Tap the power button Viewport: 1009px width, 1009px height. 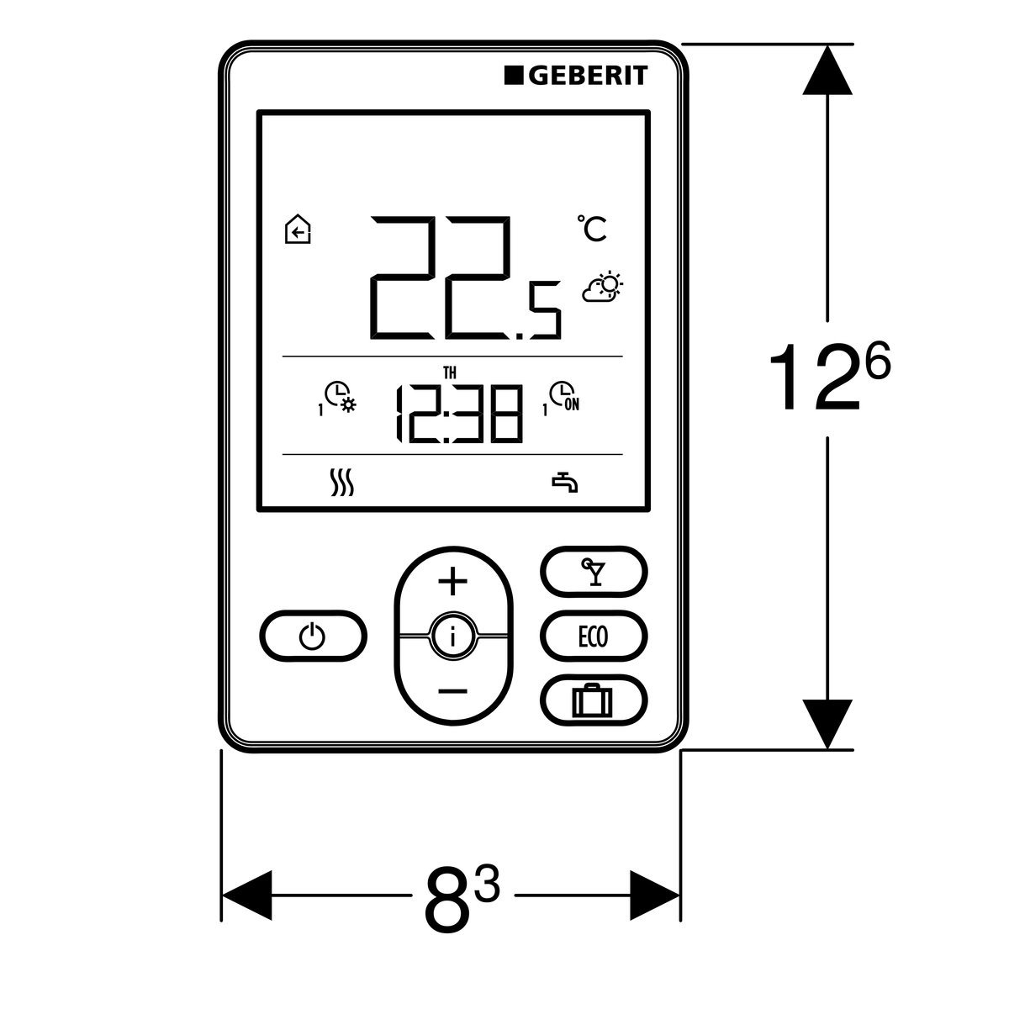pyautogui.click(x=313, y=637)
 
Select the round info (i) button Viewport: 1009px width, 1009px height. pyautogui.click(x=453, y=637)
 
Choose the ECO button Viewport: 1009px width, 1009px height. pyautogui.click(x=593, y=637)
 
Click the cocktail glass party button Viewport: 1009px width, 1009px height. pyautogui.click(x=593, y=573)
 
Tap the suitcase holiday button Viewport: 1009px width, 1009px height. pyautogui.click(x=593, y=700)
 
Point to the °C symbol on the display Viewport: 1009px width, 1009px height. pyautogui.click(x=593, y=229)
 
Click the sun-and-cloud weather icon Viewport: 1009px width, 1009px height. pyautogui.click(x=602, y=287)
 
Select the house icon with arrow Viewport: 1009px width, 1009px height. pyautogui.click(x=298, y=230)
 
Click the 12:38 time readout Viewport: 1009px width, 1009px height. pyautogui.click(x=458, y=414)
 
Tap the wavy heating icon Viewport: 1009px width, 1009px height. pyautogui.click(x=341, y=483)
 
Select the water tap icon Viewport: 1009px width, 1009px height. pyautogui.click(x=565, y=483)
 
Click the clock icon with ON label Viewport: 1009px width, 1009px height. pyautogui.click(x=563, y=397)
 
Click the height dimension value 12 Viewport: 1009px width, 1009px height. pyautogui.click(x=814, y=378)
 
